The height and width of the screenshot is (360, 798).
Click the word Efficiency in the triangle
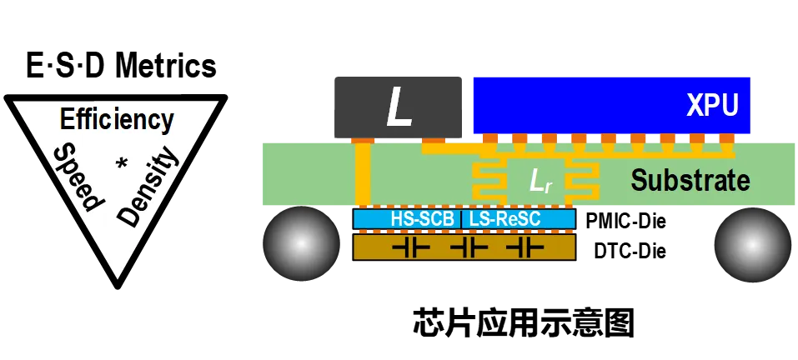(x=117, y=120)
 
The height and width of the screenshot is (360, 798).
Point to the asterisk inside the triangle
(x=123, y=163)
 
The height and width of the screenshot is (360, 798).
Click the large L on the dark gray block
(x=399, y=107)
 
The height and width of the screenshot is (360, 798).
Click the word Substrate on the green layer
(x=690, y=180)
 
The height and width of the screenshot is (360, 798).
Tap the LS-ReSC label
(x=506, y=219)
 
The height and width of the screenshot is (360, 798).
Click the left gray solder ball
(x=301, y=243)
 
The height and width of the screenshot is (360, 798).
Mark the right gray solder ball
(x=751, y=243)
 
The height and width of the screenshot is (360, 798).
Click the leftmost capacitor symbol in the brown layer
(x=410, y=247)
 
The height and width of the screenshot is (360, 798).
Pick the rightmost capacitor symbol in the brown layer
(x=525, y=247)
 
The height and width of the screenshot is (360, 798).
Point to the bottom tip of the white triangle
(x=118, y=276)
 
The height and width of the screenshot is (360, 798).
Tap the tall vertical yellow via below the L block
(x=363, y=175)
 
